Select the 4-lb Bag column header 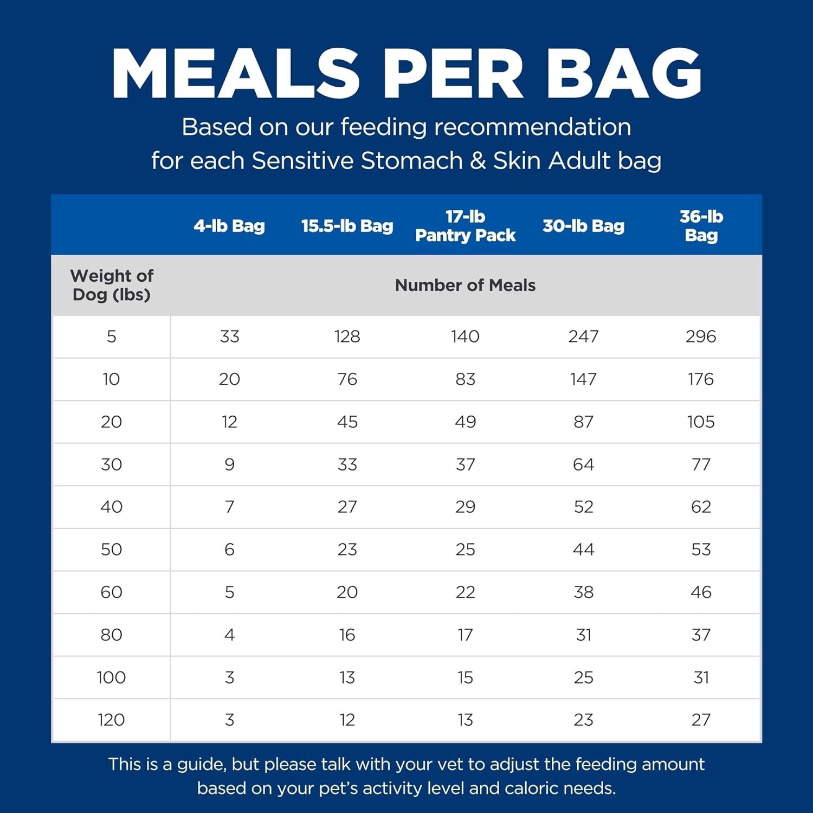pyautogui.click(x=229, y=226)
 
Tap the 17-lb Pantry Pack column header pyautogui.click(x=465, y=226)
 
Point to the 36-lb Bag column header pyautogui.click(x=701, y=226)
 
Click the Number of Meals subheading pyautogui.click(x=465, y=285)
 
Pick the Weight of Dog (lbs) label pyautogui.click(x=112, y=285)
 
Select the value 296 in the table pyautogui.click(x=701, y=337)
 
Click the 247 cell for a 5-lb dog pyautogui.click(x=583, y=337)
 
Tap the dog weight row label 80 pyautogui.click(x=112, y=635)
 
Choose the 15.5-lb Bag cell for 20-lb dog pyautogui.click(x=347, y=422)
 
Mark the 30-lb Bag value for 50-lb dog pyautogui.click(x=583, y=550)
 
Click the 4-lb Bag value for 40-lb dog pyautogui.click(x=229, y=507)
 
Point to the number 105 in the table pyautogui.click(x=701, y=422)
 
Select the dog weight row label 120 pyautogui.click(x=112, y=720)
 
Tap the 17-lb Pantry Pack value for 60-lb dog pyautogui.click(x=465, y=592)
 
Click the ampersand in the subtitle pyautogui.click(x=478, y=161)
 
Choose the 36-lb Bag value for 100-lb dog pyautogui.click(x=701, y=677)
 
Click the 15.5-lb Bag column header pyautogui.click(x=347, y=226)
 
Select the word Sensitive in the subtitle pyautogui.click(x=302, y=161)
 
